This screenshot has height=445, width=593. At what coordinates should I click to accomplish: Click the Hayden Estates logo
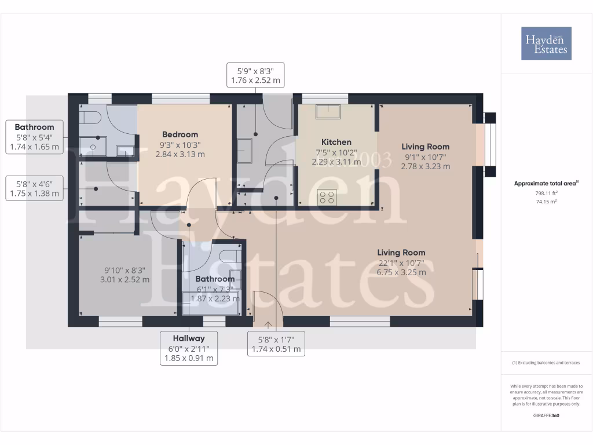tap(546, 43)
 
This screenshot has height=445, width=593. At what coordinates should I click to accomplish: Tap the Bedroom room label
tap(180, 134)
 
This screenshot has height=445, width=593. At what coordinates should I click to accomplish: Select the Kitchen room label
tap(336, 142)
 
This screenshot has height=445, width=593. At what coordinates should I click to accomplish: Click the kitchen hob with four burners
tap(328, 197)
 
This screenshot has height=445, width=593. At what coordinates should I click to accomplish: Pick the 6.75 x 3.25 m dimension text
tap(401, 272)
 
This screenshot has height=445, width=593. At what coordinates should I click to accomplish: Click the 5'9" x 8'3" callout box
tap(255, 75)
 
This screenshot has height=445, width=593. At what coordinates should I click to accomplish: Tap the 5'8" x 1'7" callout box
tap(276, 344)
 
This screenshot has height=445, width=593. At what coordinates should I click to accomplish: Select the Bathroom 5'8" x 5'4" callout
tap(35, 137)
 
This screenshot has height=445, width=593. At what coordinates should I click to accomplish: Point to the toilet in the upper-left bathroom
tap(91, 118)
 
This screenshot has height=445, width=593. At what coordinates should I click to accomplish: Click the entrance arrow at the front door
tap(268, 324)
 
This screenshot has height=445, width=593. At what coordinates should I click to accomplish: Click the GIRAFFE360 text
tap(546, 416)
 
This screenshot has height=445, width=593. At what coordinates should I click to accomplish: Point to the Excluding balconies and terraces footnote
tap(546, 363)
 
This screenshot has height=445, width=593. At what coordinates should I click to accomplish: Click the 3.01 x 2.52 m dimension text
tap(125, 279)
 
